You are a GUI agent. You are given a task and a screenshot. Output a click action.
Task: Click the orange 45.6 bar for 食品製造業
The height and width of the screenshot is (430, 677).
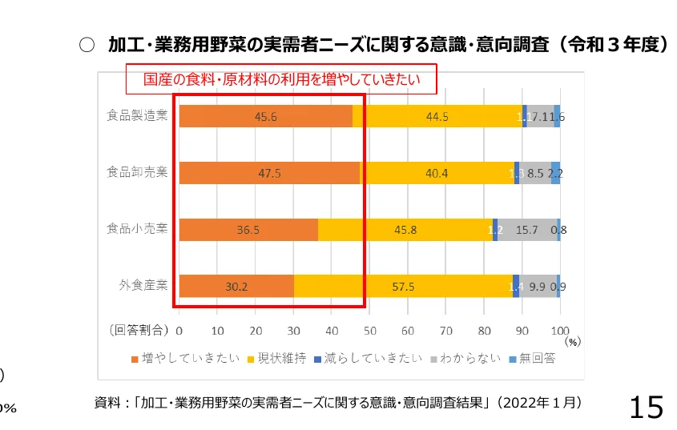point(265,116)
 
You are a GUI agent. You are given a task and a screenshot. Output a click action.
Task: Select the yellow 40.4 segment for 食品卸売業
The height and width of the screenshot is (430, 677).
point(437,173)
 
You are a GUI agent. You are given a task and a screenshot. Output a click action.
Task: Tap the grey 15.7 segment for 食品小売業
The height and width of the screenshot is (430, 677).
point(526,230)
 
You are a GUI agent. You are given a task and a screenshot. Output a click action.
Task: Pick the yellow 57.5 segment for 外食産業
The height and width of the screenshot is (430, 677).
point(404,286)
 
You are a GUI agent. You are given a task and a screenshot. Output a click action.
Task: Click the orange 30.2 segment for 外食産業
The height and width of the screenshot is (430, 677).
point(236,286)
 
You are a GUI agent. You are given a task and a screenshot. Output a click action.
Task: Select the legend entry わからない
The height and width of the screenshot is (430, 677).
point(465,358)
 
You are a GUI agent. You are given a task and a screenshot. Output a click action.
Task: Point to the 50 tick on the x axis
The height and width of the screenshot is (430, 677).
point(369,329)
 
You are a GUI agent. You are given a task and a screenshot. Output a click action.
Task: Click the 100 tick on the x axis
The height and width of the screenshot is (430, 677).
point(560,329)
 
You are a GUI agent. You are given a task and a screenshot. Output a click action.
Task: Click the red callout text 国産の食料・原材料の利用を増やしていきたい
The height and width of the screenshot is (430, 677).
point(281,80)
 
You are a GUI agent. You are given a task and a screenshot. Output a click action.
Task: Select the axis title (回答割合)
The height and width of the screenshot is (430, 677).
point(138,329)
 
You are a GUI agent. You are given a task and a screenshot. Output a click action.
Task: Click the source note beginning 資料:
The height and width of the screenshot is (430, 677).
point(337,402)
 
